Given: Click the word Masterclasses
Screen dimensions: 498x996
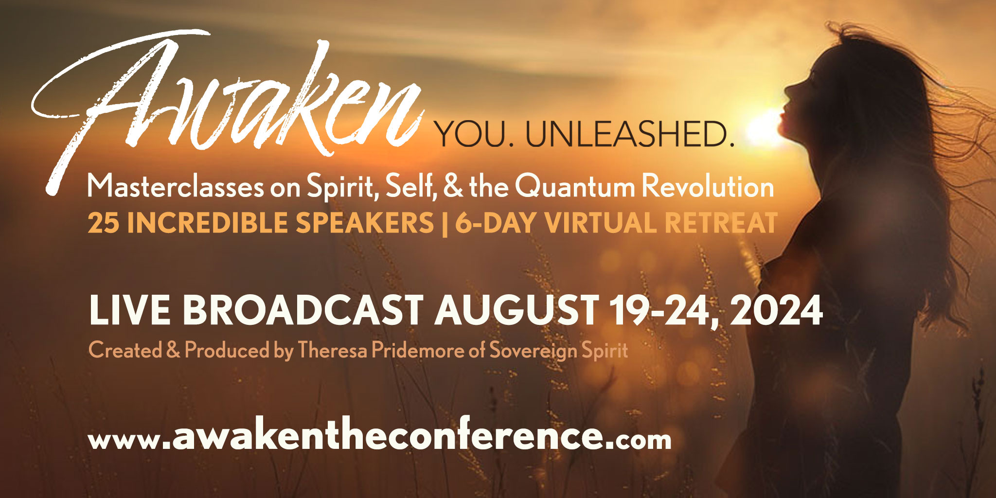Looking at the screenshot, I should coord(175,187).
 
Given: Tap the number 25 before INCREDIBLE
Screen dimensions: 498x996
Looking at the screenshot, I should coord(103,223).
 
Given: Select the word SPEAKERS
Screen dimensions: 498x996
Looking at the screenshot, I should coord(365,223).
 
